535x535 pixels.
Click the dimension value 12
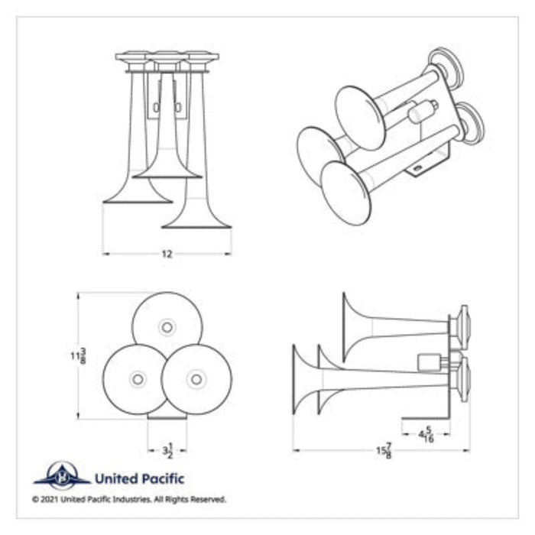pyautogui.click(x=167, y=254)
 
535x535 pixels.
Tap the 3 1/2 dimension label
pyautogui.click(x=167, y=450)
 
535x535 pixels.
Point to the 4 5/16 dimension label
pyautogui.click(x=425, y=436)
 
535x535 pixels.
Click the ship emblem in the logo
pyautogui.click(x=62, y=477)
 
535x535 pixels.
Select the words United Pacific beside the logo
pyautogui.click(x=138, y=479)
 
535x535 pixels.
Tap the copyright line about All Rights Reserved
pyautogui.click(x=129, y=499)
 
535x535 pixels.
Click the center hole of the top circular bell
pyautogui.click(x=167, y=327)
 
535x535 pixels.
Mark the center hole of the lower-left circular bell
pyautogui.click(x=138, y=378)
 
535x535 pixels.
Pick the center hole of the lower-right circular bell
pyautogui.click(x=196, y=378)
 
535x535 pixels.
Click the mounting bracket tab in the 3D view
pyautogui.click(x=419, y=167)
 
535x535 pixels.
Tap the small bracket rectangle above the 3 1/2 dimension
pyautogui.click(x=167, y=416)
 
